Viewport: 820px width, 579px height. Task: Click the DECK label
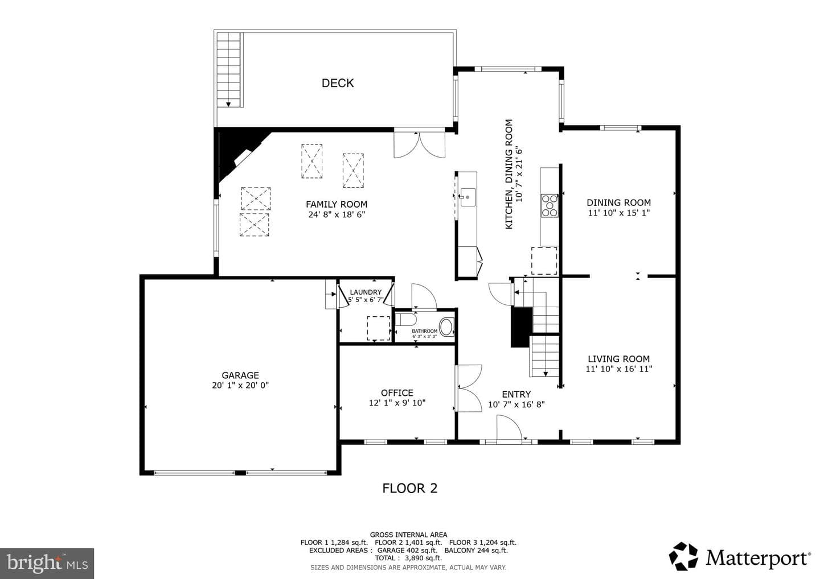pos(338,84)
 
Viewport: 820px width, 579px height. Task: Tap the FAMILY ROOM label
pos(337,204)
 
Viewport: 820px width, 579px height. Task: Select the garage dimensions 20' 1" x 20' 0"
pos(240,385)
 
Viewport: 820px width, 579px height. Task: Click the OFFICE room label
pos(397,393)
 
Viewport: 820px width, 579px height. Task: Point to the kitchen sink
pos(468,197)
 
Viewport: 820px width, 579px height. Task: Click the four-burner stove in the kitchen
pos(550,206)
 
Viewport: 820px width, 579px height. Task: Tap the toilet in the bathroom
pos(407,320)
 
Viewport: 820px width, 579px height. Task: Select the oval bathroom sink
pos(446,327)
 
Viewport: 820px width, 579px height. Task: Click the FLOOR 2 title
pos(410,489)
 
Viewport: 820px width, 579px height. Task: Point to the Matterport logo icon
pos(683,556)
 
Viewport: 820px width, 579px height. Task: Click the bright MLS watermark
pos(47,563)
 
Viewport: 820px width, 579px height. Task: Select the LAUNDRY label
pos(366,292)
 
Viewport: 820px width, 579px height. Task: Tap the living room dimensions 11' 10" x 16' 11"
pos(618,369)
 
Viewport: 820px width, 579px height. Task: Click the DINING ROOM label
pos(618,202)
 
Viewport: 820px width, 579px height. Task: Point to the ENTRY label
pos(516,394)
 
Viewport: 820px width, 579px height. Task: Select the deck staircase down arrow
pos(228,104)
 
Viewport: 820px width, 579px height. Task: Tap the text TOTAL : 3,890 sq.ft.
pos(408,558)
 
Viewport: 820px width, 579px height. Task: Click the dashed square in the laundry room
pos(379,328)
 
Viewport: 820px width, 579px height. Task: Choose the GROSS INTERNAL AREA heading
pos(408,535)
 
